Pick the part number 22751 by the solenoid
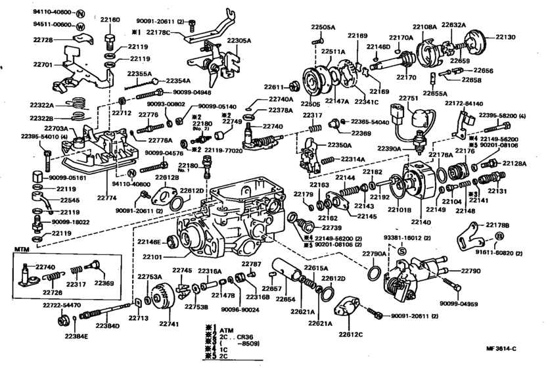click(408, 98)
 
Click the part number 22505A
click(323, 27)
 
